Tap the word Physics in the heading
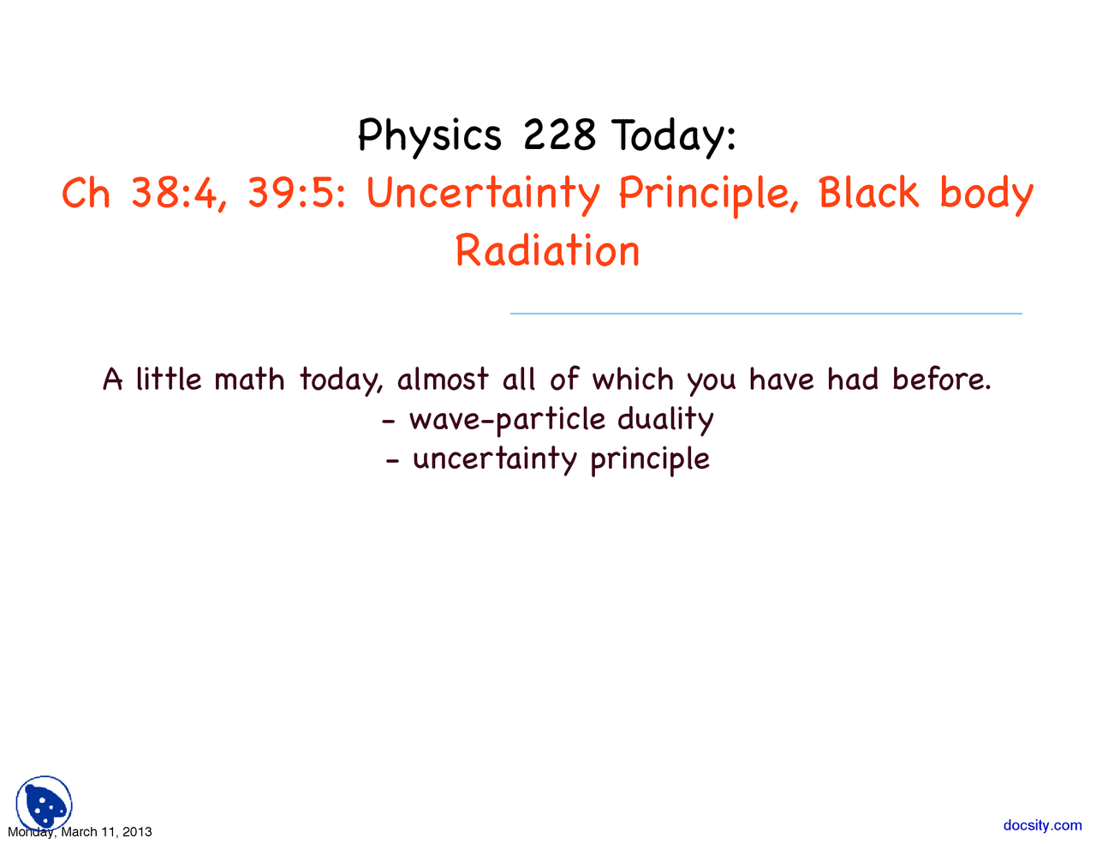click(x=429, y=136)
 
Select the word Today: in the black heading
click(x=674, y=136)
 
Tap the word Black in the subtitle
click(x=868, y=193)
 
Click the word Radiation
click(x=547, y=251)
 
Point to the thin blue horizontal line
click(x=765, y=314)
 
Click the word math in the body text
click(x=249, y=379)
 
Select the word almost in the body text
click(x=443, y=379)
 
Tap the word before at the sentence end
click(x=941, y=379)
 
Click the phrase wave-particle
click(x=507, y=420)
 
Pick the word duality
click(x=665, y=420)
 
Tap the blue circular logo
click(x=44, y=804)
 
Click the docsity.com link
click(x=1042, y=825)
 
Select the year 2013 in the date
click(x=137, y=832)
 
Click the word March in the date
click(x=79, y=832)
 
